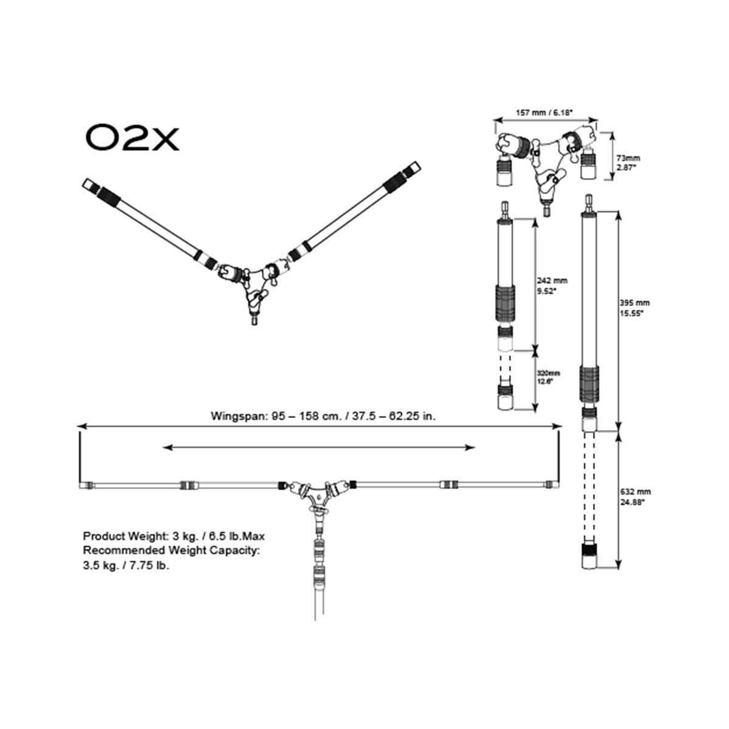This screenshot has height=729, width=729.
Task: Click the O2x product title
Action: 132,139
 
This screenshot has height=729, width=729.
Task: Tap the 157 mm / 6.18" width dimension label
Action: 544,112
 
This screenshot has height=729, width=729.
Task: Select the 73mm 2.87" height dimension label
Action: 628,162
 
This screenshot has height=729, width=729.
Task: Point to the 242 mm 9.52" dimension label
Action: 552,285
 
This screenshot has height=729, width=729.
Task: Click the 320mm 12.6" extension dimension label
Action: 549,377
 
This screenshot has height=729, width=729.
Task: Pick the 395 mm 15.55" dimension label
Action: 634,307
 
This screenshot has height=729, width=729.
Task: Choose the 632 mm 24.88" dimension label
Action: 634,497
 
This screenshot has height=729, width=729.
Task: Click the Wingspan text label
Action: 323,416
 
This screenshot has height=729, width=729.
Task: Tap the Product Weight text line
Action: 174,536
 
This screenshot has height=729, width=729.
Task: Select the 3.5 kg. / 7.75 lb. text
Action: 126,566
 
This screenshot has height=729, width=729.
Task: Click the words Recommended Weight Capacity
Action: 171,550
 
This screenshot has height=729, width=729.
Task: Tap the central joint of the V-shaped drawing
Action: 253,283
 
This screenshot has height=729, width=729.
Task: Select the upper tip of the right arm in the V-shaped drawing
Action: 414,166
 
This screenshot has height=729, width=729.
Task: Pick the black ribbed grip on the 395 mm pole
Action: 588,383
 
